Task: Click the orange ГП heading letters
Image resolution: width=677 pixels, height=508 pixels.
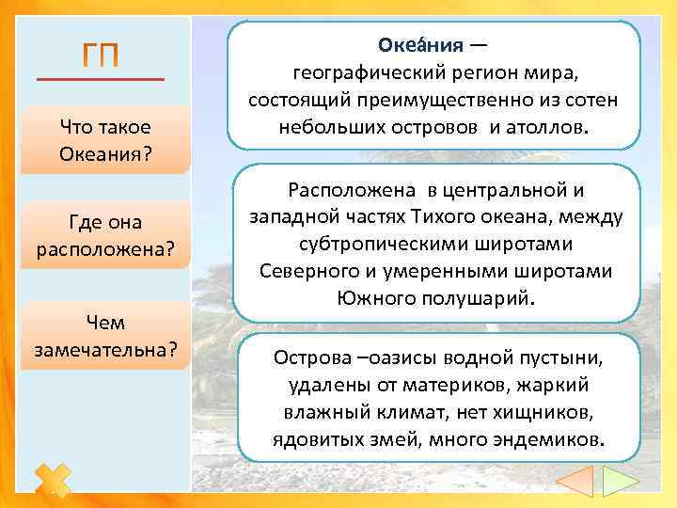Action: click(100, 56)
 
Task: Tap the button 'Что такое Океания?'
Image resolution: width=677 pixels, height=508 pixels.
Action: click(104, 139)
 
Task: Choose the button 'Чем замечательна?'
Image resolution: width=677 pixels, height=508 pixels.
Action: click(104, 336)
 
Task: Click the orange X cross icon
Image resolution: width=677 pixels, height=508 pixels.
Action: click(55, 480)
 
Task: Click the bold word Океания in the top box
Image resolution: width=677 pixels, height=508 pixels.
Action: click(420, 44)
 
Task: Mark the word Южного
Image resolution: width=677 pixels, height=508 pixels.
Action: click(377, 298)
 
